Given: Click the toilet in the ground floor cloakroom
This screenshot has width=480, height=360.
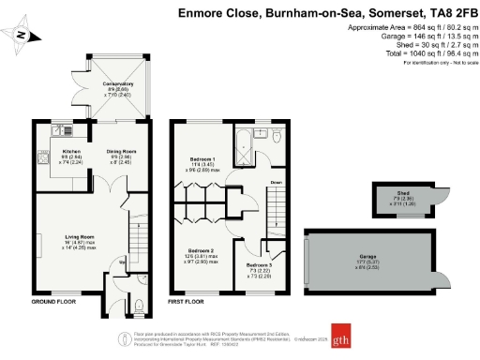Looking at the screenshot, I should coord(138,303).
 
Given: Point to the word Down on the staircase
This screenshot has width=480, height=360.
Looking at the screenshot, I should coord(277,182).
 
